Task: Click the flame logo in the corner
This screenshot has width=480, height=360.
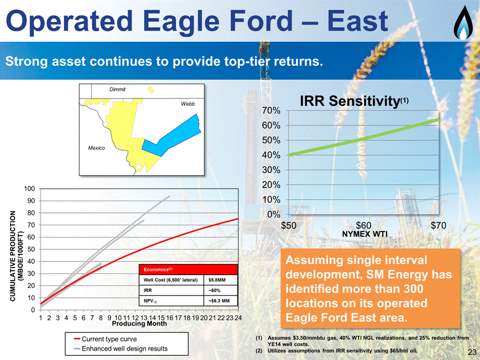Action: point(464,23)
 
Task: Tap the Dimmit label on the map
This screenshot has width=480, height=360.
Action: point(118,89)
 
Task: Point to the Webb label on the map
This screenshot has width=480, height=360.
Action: point(188,104)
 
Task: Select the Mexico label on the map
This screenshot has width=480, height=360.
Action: point(96,148)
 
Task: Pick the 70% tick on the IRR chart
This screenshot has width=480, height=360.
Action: point(271,111)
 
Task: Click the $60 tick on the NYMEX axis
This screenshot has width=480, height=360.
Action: point(363,226)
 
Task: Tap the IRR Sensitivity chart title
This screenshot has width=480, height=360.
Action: point(354,101)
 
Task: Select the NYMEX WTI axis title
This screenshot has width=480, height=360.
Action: point(364,234)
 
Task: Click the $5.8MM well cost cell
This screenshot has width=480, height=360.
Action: point(217,280)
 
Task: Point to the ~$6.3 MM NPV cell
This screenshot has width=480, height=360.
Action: point(219,300)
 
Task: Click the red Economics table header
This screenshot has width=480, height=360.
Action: point(188,270)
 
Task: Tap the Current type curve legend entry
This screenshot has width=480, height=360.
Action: point(106,339)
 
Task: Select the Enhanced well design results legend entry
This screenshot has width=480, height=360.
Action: point(121,348)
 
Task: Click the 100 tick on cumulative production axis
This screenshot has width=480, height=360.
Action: point(30,188)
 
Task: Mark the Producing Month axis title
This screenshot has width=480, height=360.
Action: point(139,324)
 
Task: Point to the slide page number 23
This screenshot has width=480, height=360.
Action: point(472,352)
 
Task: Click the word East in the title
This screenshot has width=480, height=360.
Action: point(358,21)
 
